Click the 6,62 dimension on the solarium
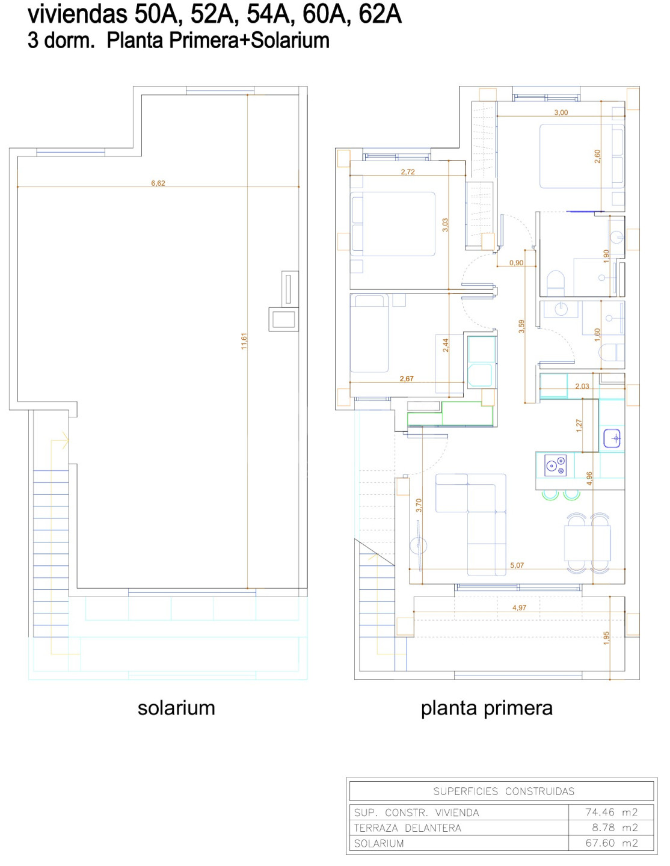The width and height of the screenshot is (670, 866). [x=158, y=183]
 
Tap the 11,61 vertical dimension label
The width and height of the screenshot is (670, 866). [x=244, y=341]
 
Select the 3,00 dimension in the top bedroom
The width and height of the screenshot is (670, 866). [x=561, y=112]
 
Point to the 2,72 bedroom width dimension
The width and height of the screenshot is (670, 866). [x=407, y=172]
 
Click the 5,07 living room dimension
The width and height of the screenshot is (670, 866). [x=517, y=565]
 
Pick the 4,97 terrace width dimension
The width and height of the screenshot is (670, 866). [x=519, y=607]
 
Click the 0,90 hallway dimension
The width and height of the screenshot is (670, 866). [x=516, y=263]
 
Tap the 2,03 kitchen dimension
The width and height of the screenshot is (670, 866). [x=582, y=385]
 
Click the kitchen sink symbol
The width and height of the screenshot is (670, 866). [x=612, y=438]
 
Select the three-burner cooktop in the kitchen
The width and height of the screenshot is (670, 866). [x=555, y=465]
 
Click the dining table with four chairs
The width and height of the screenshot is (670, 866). [x=588, y=543]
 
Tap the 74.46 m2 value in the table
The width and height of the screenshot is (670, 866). [x=611, y=812]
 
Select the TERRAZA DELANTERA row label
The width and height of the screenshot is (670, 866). [x=407, y=828]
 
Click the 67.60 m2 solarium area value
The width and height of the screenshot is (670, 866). [x=611, y=843]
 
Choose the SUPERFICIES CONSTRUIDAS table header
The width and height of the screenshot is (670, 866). [x=503, y=791]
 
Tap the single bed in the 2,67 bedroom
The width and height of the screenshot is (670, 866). [x=369, y=333]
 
